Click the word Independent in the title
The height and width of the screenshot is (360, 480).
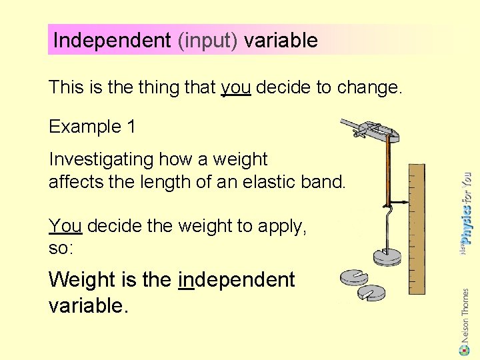point(112,41)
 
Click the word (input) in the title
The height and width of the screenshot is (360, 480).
point(207,41)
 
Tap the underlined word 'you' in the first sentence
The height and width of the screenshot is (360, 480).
point(235,87)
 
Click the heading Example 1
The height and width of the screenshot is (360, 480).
point(92,126)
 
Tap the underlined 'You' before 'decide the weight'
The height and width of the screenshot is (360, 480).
point(65,227)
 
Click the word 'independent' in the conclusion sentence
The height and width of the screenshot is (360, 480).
point(237,280)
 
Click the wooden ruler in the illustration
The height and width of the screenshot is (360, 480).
point(415,227)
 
